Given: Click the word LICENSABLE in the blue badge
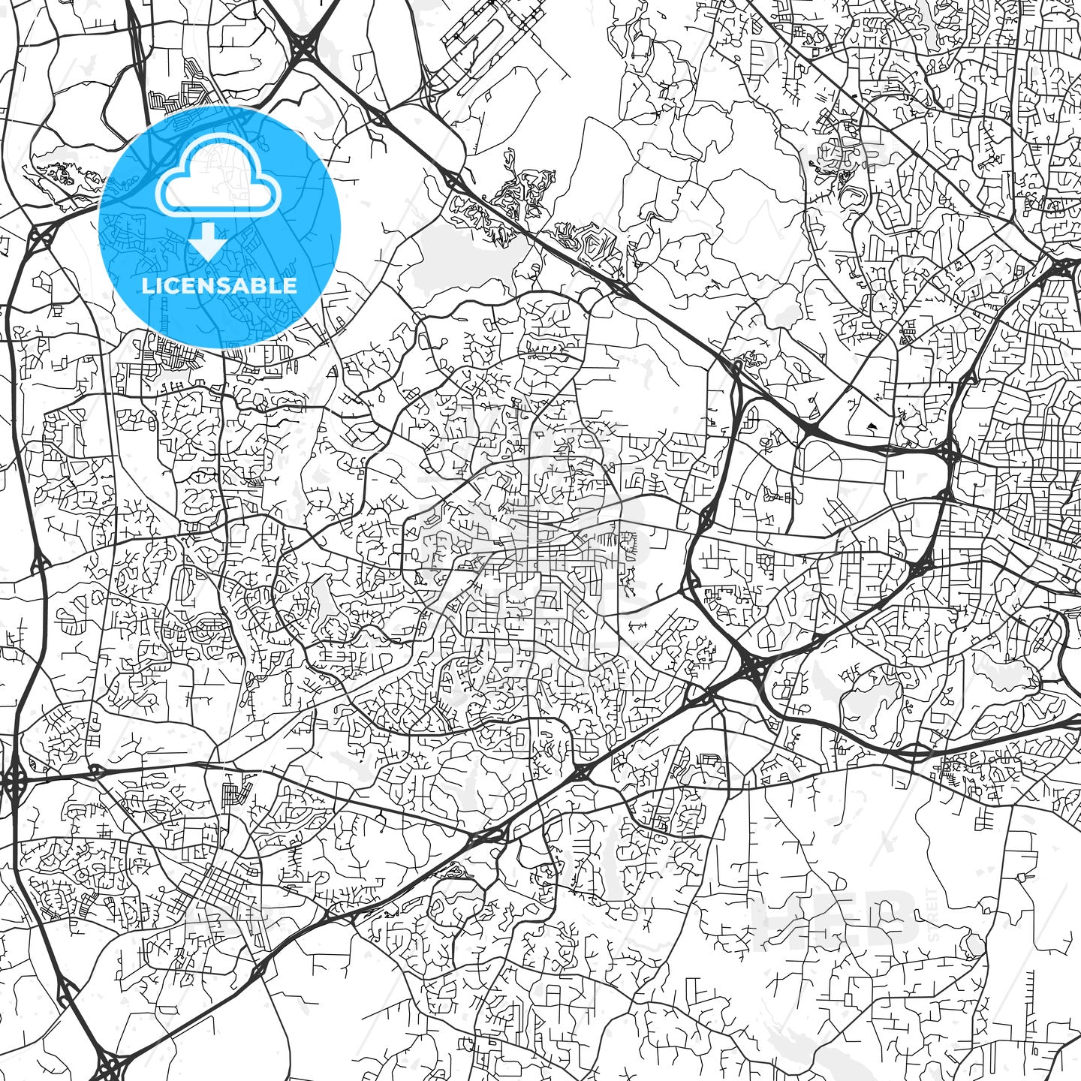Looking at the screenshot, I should [219, 286].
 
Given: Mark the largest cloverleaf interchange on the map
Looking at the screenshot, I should [751, 665].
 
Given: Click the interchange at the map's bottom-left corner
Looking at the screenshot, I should [110, 1066].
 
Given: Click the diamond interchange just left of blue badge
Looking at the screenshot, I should [39, 238].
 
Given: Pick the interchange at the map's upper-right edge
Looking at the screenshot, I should [1066, 268].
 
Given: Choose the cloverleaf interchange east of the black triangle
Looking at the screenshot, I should [948, 453].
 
